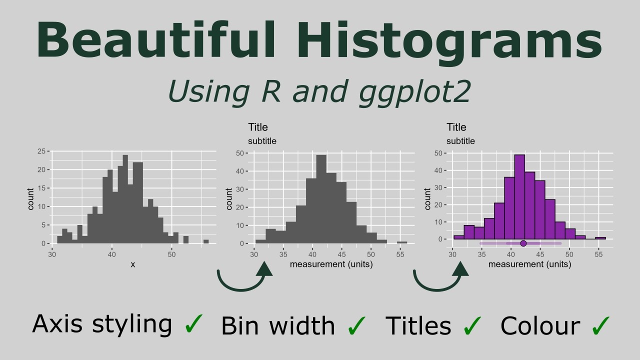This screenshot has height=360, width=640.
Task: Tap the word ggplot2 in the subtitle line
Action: click(414, 91)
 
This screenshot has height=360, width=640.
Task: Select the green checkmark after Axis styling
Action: click(194, 324)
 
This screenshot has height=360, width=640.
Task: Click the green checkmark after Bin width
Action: click(356, 325)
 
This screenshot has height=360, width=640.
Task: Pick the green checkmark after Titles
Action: click(472, 325)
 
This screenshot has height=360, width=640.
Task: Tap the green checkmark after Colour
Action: click(600, 325)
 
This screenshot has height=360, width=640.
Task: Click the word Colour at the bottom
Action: click(540, 326)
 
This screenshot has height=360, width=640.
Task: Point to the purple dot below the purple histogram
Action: click(523, 243)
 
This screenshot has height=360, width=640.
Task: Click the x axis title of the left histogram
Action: click(132, 264)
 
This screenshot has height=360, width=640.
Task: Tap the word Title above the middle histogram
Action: click(258, 127)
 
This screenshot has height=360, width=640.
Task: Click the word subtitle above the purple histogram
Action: click(460, 141)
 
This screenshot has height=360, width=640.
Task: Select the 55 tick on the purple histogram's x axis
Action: click(598, 254)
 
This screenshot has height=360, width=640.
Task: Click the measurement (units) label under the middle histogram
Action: click(331, 264)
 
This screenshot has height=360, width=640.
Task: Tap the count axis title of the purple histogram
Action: click(427, 198)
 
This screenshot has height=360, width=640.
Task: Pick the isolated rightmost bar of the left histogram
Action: click(206, 241)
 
